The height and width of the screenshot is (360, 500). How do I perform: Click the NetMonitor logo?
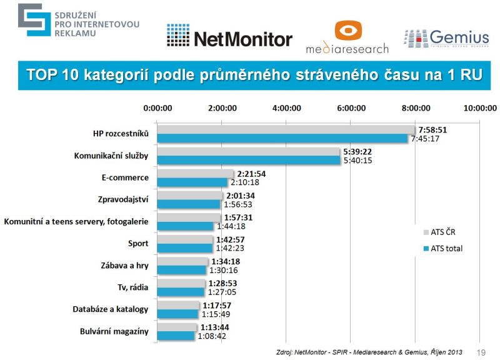(x=229, y=39)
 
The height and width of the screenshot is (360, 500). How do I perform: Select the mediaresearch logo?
(x=347, y=37)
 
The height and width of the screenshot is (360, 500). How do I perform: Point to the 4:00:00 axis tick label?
(x=286, y=107)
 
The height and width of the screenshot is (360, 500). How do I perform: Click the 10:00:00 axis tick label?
(x=479, y=107)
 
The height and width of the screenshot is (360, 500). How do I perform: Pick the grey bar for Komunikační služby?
(x=248, y=152)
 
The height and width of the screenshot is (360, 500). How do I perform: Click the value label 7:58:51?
(x=432, y=130)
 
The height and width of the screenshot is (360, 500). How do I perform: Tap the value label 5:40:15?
(x=358, y=161)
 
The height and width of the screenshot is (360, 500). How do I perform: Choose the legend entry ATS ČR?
(x=442, y=232)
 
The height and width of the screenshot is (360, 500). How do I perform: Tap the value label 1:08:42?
(x=212, y=336)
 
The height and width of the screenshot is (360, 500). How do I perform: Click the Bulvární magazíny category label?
(x=114, y=331)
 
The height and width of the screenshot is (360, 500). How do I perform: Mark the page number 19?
(x=481, y=351)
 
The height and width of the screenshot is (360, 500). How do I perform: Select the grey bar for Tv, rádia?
(x=181, y=283)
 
